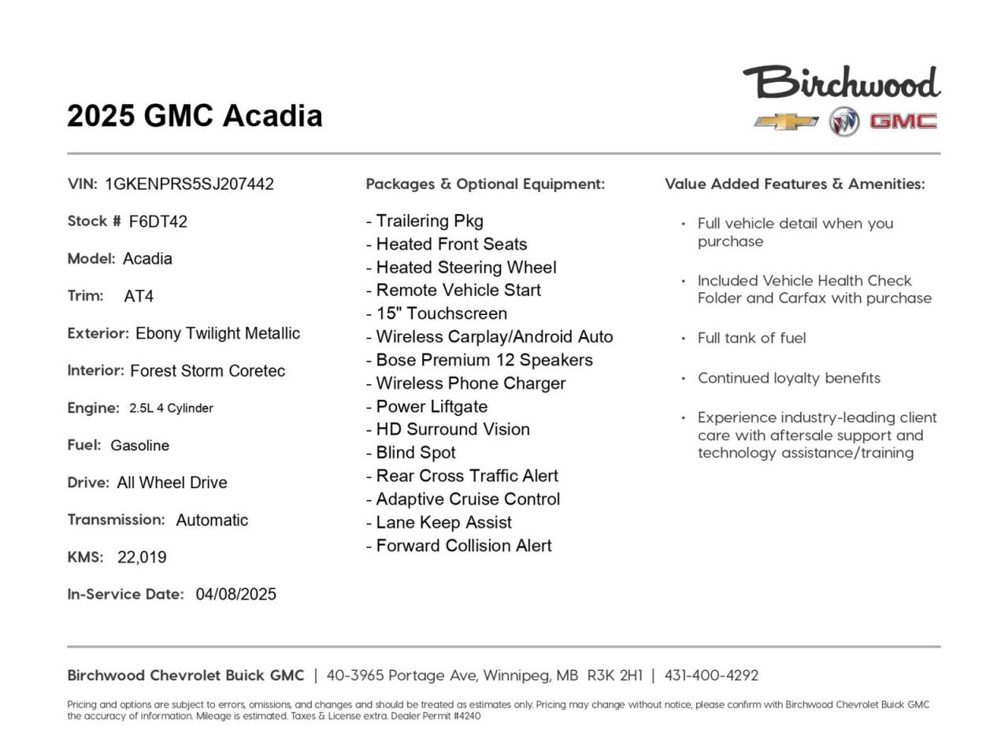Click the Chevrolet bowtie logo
pos(786,121)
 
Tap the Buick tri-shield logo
pos(843,121)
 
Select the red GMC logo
pos(902,121)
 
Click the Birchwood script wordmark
pos(842,83)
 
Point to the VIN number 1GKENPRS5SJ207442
pos(189,184)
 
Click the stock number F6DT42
pos(158,222)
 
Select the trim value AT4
pos(139,297)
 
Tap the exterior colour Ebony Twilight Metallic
pos(217,334)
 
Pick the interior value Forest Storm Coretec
pos(207,371)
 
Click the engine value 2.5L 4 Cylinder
pos(171,408)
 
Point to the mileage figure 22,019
pos(142,558)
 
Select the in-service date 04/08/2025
pos(236,595)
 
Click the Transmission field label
pos(116,520)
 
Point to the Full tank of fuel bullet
pos(751,339)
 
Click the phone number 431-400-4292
pos(711,676)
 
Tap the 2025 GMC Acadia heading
pos(195,116)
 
